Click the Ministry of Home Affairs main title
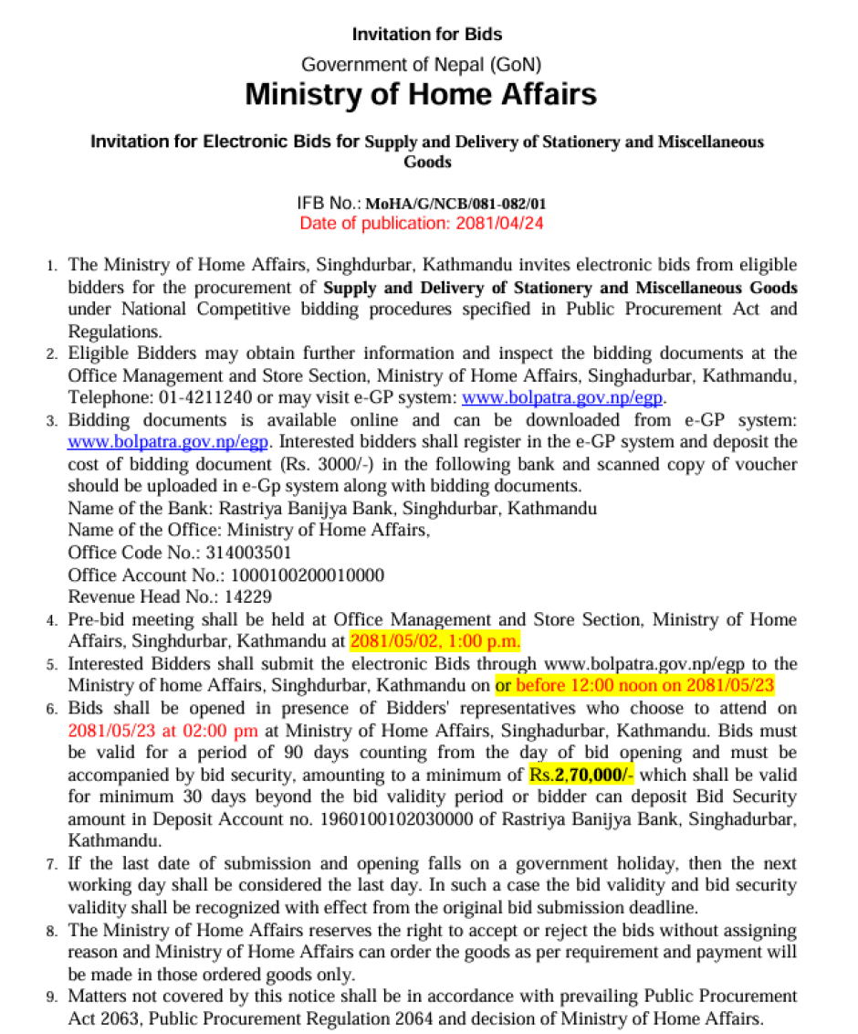click(x=421, y=94)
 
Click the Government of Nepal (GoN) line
click(x=421, y=65)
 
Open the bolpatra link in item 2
click(x=563, y=397)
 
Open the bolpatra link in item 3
click(x=168, y=442)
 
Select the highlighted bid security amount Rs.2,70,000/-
click(x=581, y=775)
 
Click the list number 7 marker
click(x=52, y=864)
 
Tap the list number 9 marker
click(x=52, y=997)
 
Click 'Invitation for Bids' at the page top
click(x=426, y=35)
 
